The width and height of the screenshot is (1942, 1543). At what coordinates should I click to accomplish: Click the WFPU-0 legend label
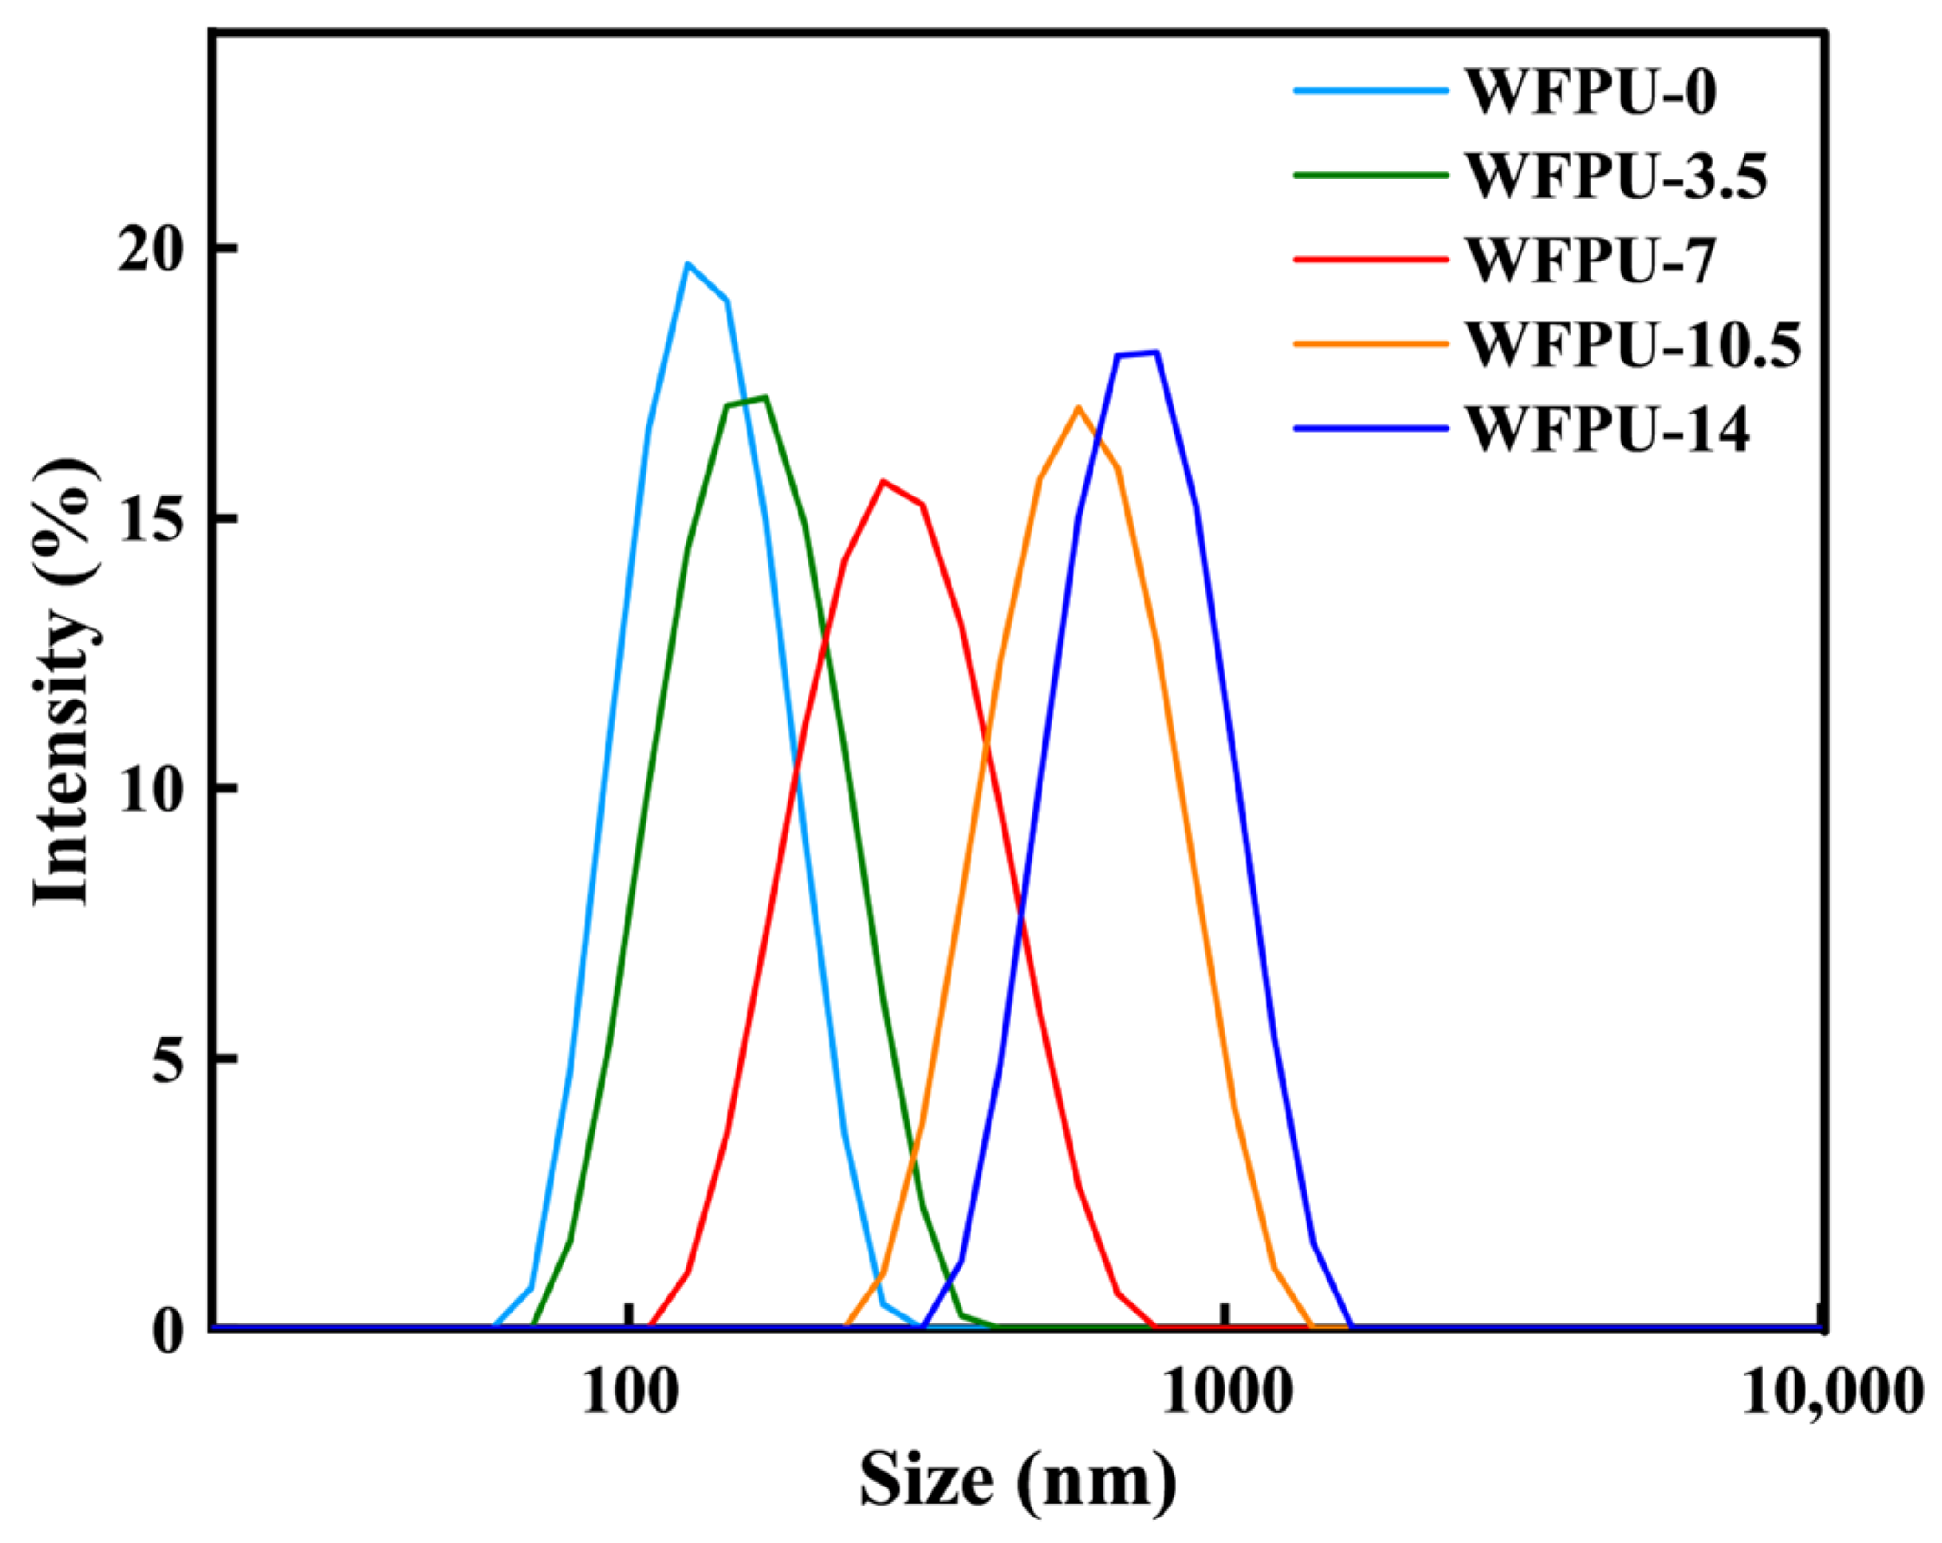click(x=1591, y=91)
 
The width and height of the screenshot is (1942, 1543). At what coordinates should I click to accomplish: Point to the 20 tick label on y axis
click(x=151, y=248)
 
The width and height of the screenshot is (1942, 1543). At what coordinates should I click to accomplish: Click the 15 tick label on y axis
click(x=151, y=518)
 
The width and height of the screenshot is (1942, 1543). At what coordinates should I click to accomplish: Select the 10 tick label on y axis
click(x=151, y=788)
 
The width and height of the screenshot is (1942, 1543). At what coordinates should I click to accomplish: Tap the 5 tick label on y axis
click(x=168, y=1058)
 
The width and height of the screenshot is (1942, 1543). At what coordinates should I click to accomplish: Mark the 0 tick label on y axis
click(x=168, y=1330)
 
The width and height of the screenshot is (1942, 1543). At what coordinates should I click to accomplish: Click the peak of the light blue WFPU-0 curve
click(x=688, y=264)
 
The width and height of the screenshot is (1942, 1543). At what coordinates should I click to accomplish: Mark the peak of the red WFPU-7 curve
click(x=883, y=481)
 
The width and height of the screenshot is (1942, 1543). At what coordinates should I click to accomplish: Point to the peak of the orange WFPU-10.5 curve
click(x=1078, y=407)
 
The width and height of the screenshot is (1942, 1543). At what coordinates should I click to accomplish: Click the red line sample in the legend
click(x=1370, y=260)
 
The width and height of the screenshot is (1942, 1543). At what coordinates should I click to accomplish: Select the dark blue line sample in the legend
click(x=1370, y=428)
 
